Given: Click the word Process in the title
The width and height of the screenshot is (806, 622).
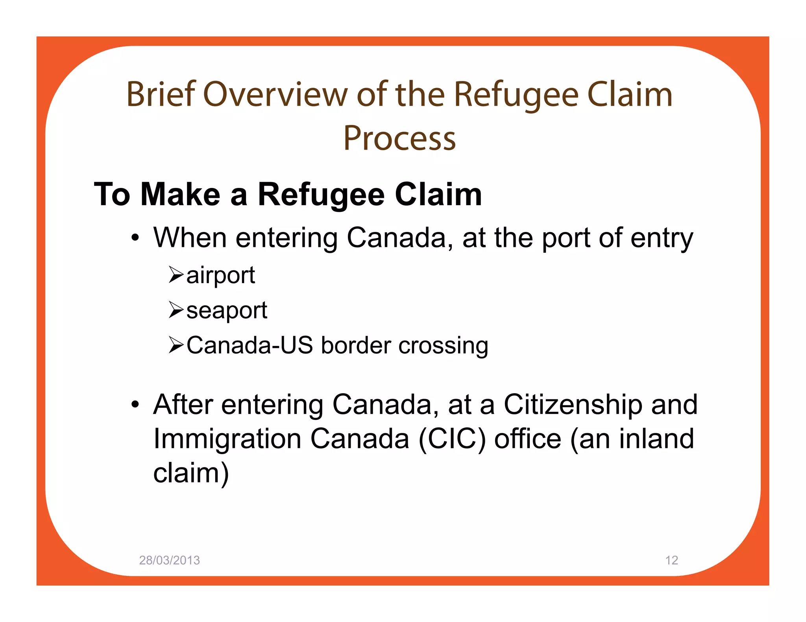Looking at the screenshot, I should (x=399, y=138).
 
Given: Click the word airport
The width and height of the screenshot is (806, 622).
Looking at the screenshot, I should (x=220, y=276).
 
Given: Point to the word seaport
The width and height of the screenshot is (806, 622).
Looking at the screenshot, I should (x=227, y=311).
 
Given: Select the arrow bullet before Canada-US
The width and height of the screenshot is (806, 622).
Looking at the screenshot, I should (x=176, y=345).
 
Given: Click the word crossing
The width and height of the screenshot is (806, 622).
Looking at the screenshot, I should (x=443, y=346).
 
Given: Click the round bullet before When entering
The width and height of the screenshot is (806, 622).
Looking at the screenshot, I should (x=135, y=237).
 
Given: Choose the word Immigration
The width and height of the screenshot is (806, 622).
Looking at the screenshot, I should (x=227, y=440).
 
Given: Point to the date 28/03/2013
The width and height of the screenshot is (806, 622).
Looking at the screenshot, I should (x=169, y=560).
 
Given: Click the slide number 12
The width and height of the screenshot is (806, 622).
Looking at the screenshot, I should (x=671, y=560).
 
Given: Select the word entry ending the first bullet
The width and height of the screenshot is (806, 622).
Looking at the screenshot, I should (x=661, y=238).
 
